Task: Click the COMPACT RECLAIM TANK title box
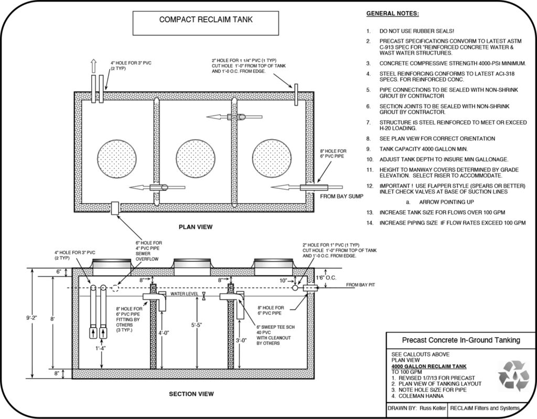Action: click(x=205, y=20)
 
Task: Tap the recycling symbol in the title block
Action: click(x=513, y=375)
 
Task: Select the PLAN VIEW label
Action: click(x=195, y=227)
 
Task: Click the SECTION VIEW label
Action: click(x=191, y=394)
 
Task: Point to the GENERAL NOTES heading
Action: click(x=392, y=13)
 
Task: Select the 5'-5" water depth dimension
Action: click(x=198, y=325)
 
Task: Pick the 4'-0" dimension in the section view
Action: click(x=164, y=332)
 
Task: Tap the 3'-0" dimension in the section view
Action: click(x=242, y=340)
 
